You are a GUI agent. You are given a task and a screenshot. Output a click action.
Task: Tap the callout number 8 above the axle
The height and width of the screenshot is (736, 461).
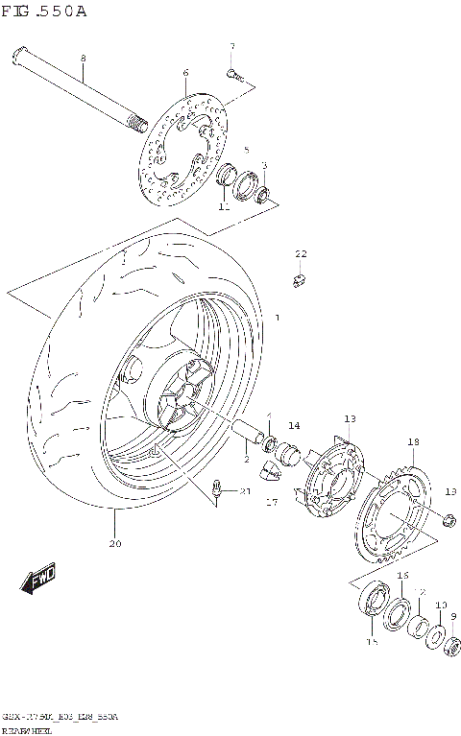coord(83,58)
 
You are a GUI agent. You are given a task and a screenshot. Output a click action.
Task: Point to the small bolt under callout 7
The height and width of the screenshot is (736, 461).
coord(231,72)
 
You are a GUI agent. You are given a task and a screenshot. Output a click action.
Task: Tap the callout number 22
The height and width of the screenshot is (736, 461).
coord(300,253)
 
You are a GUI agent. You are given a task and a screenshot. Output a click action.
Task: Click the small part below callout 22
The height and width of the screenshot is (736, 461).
coord(299,279)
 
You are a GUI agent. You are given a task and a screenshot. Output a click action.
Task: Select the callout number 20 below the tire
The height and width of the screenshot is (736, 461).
coord(114,544)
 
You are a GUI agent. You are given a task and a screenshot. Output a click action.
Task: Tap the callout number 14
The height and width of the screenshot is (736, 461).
coord(293,425)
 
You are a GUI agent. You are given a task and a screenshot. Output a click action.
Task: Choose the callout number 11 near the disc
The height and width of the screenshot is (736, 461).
coord(223,206)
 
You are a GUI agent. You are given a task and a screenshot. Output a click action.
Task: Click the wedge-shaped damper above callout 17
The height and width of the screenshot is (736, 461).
coord(272,469)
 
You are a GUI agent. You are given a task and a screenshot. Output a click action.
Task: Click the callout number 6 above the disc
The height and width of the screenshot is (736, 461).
coord(185,73)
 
